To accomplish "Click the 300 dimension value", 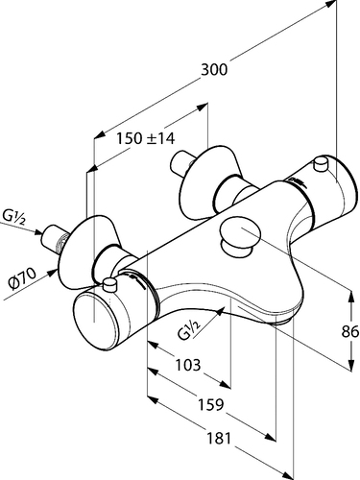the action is click(214, 70).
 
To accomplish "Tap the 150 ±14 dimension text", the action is click(145, 138).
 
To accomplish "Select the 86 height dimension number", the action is click(349, 332).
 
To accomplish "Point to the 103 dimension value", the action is click(188, 365).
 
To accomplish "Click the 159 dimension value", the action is click(211, 404).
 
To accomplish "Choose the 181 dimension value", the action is click(219, 438).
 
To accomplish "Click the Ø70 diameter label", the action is click(23, 278).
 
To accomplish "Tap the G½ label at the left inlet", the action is click(13, 217).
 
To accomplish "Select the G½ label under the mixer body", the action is click(189, 329).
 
